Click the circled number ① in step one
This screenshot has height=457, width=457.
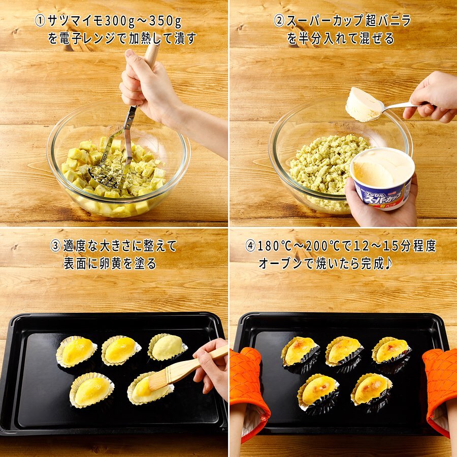(x=40, y=21)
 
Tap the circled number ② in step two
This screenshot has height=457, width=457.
(x=279, y=21)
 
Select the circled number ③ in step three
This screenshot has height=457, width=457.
(x=55, y=246)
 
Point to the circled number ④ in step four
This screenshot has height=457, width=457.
(x=250, y=246)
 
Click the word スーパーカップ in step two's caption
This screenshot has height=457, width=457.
(x=324, y=21)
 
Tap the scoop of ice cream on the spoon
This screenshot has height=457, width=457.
(x=363, y=104)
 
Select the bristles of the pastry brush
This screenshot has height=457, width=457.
(x=158, y=380)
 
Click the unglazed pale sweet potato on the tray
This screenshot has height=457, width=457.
(x=167, y=347)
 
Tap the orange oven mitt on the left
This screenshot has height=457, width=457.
(x=248, y=387)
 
